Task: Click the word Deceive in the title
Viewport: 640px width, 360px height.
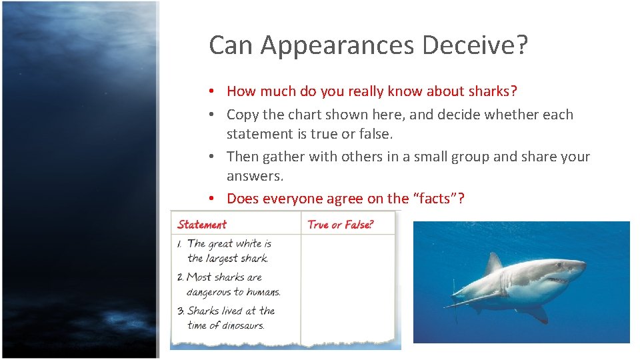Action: (475, 45)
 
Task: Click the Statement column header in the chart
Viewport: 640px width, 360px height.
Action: (202, 225)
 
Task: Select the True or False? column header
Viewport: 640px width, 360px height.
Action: (341, 225)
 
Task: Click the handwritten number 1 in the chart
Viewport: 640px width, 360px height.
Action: (181, 244)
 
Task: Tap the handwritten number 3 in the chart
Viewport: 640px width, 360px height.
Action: (181, 311)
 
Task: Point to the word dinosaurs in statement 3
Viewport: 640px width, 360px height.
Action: (236, 325)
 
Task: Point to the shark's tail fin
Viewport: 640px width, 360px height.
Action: (456, 293)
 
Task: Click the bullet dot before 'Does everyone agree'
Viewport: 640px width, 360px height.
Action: (210, 199)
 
